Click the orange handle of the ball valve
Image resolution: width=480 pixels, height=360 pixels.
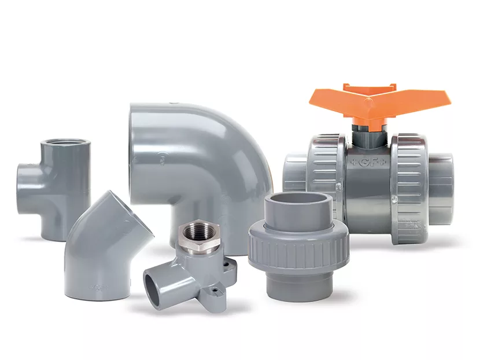(x=405, y=102)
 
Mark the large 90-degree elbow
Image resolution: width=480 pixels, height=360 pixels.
(x=191, y=162)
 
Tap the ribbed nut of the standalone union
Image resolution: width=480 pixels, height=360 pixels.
(x=298, y=248)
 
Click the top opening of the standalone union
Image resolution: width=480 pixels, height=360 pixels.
(x=298, y=200)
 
